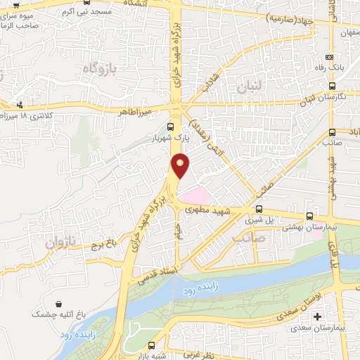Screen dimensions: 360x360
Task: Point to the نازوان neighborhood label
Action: pos(60,243)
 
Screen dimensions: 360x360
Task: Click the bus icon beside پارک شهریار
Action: pos(171,127)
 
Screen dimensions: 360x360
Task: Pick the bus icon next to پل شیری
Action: pos(259,209)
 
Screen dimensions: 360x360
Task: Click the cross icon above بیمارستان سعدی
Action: pos(317,317)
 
